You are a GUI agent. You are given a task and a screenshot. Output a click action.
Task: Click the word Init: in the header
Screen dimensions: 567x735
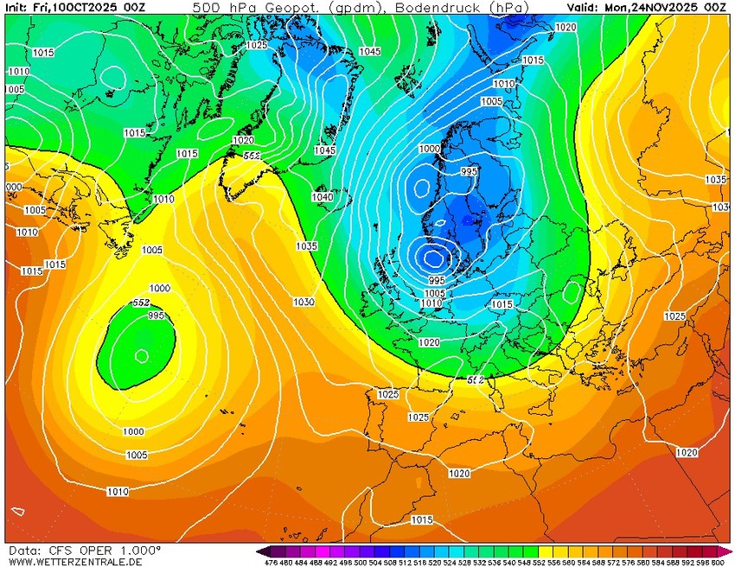point(18,7)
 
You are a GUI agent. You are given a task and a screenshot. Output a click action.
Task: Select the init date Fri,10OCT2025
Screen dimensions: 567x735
point(83,7)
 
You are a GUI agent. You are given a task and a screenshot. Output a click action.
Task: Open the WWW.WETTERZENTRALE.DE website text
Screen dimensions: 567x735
point(75,562)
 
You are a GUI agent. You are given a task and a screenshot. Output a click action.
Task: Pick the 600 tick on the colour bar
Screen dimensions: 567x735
point(718,562)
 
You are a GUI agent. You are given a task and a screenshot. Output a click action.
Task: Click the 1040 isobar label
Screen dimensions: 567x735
point(322,197)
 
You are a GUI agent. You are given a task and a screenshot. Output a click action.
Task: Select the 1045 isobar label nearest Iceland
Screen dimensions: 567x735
point(325,150)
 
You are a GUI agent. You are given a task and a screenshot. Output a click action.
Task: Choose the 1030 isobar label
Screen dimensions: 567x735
point(303,302)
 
